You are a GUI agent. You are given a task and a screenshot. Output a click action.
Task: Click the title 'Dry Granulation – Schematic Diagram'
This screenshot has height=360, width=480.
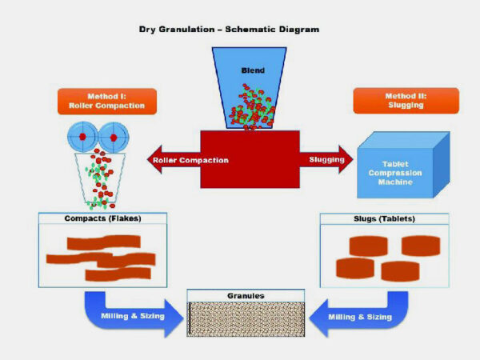230,30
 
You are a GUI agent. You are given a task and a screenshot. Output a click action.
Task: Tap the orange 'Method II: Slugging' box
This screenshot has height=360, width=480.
406,101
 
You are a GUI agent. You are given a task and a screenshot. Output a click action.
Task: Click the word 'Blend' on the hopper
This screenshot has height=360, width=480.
253,70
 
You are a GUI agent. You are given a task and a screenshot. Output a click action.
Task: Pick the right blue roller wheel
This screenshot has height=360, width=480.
114,138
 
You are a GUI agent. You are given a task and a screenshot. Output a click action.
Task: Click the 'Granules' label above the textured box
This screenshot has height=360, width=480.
246,295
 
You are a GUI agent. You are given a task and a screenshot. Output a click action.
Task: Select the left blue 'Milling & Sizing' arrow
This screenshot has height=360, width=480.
128,314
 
